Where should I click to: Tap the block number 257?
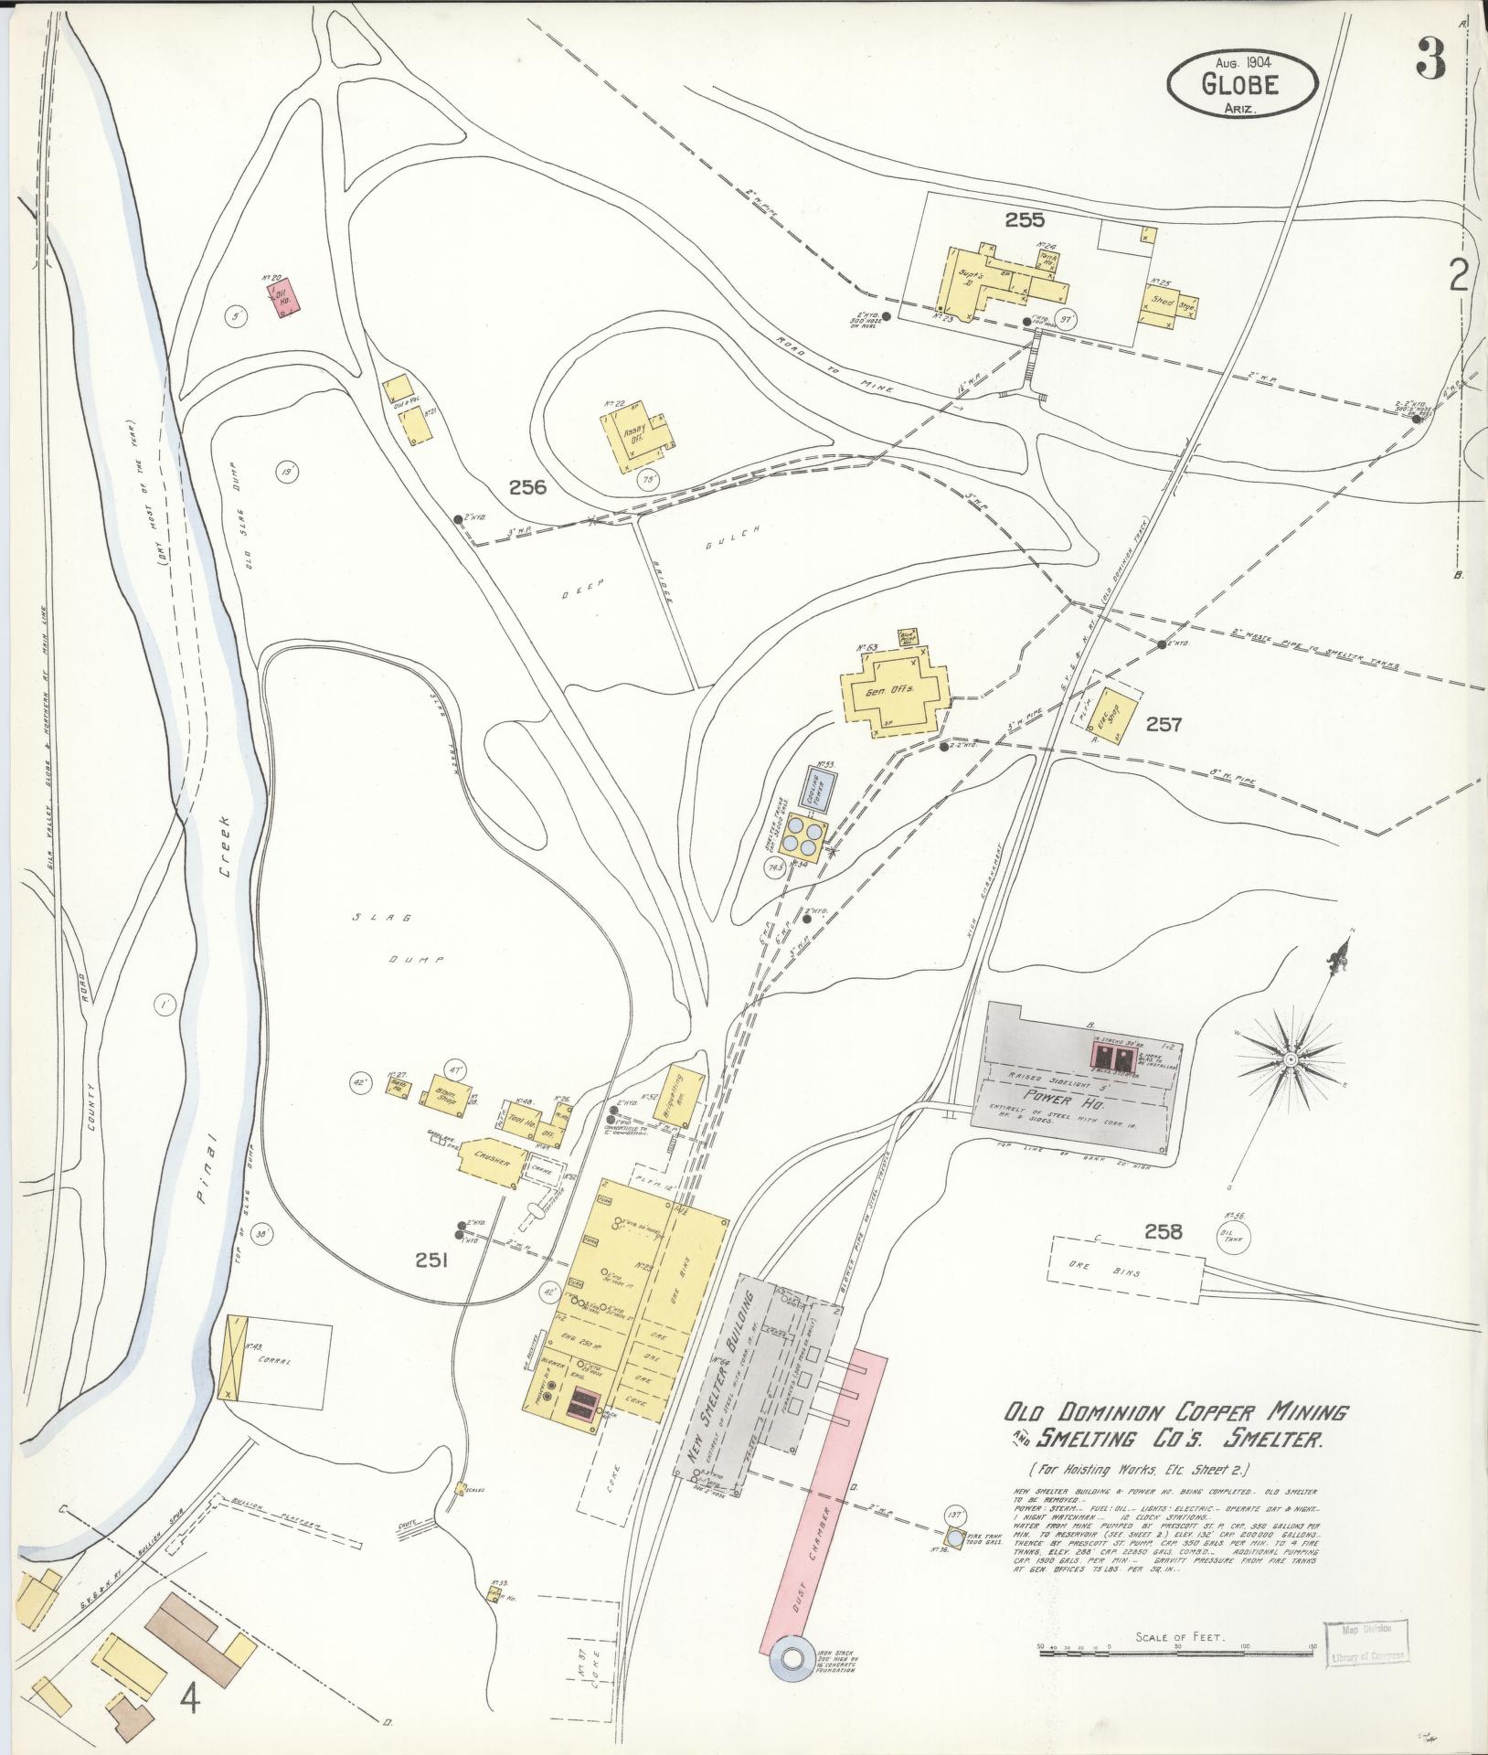coord(1164,725)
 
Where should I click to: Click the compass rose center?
coord(1290,1058)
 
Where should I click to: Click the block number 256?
coord(527,487)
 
